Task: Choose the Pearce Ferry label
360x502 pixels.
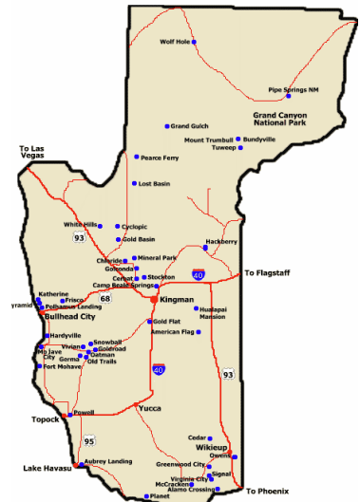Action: pyautogui.click(x=160, y=158)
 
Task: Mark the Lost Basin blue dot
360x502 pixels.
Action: pyautogui.click(x=134, y=183)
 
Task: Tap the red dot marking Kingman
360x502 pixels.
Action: pyautogui.click(x=154, y=299)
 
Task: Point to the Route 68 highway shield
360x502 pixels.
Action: pyautogui.click(x=105, y=298)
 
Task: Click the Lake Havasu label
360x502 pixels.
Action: pyautogui.click(x=46, y=468)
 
